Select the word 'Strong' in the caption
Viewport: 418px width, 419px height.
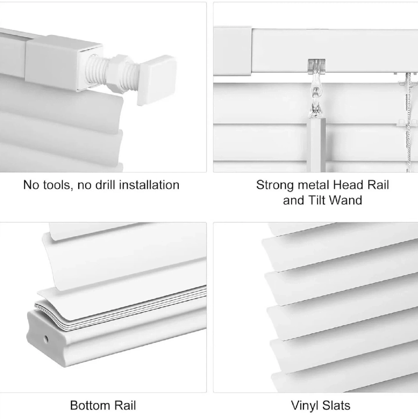click(x=275, y=186)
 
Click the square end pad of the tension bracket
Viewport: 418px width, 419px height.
click(x=156, y=80)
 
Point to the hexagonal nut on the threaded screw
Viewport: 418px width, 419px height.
click(x=119, y=71)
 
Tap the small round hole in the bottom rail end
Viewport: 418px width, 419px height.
click(x=46, y=338)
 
